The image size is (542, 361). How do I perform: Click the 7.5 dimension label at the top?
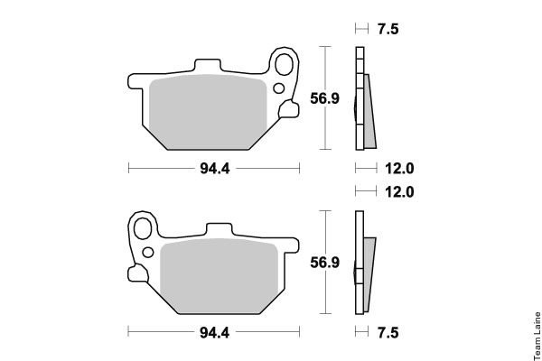pyautogui.click(x=388, y=29)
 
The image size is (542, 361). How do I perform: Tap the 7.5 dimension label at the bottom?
pyautogui.click(x=388, y=333)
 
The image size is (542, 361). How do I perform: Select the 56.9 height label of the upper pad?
pyautogui.click(x=324, y=98)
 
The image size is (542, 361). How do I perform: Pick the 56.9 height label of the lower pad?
pyautogui.click(x=324, y=263)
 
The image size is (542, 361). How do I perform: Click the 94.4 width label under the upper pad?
pyautogui.click(x=215, y=169)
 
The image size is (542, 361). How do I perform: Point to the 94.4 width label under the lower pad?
pyautogui.click(x=215, y=333)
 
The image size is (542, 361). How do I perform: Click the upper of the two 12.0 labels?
pyautogui.click(x=399, y=169)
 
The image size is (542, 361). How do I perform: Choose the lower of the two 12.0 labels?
pyautogui.click(x=399, y=191)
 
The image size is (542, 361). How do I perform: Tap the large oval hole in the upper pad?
pyautogui.click(x=285, y=65)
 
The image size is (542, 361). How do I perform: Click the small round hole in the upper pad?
pyautogui.click(x=279, y=88)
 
